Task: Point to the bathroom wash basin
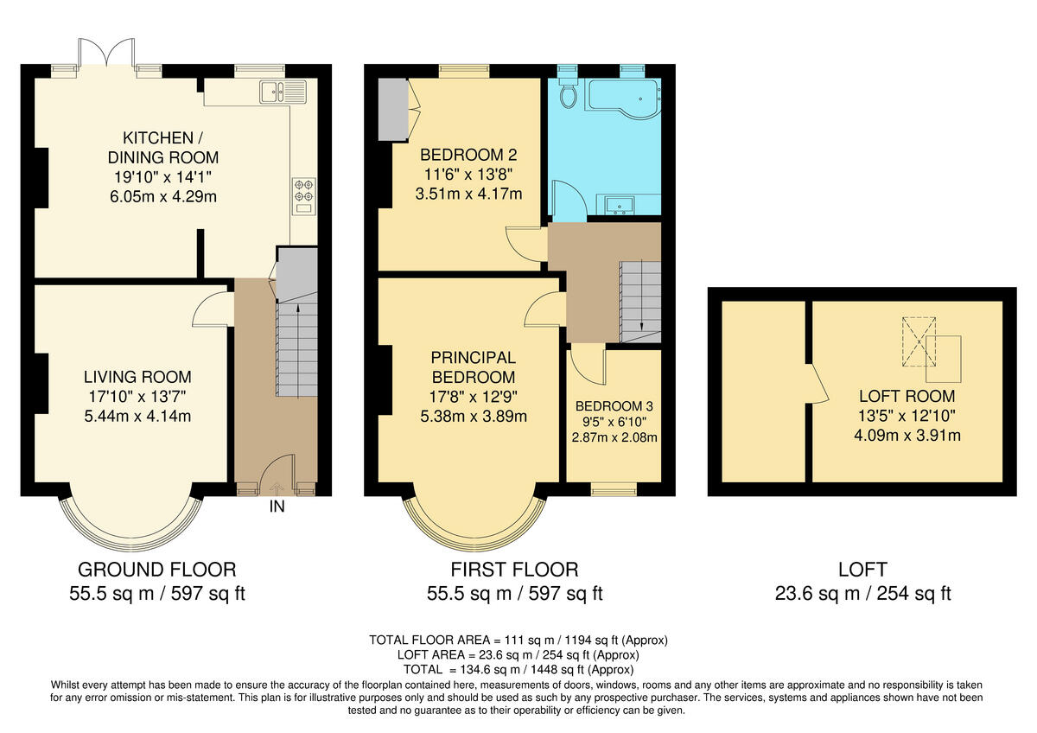click(x=620, y=205)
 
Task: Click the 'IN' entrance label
click(x=277, y=507)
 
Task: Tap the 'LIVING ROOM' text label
click(x=137, y=377)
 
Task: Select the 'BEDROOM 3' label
click(x=614, y=406)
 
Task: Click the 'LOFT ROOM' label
click(x=907, y=397)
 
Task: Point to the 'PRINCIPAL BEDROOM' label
click(x=474, y=367)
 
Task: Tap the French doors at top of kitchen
click(x=105, y=54)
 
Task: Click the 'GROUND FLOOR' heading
click(x=156, y=570)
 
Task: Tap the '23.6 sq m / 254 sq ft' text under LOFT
click(x=862, y=594)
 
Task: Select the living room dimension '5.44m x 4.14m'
click(x=137, y=417)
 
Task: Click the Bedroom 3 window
click(x=614, y=490)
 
